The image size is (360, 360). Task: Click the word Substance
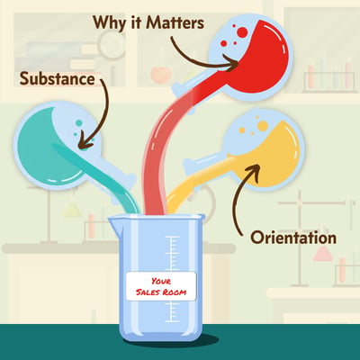click(x=58, y=79)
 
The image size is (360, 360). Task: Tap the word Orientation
click(x=293, y=238)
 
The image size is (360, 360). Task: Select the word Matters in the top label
click(x=175, y=22)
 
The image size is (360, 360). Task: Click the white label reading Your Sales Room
click(x=161, y=286)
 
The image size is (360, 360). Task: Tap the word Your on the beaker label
click(x=161, y=281)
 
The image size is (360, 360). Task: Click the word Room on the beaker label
click(x=175, y=292)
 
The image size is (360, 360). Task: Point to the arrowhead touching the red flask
click(x=233, y=65)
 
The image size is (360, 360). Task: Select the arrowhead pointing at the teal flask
click(x=85, y=143)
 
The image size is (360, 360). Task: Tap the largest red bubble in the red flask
click(x=242, y=32)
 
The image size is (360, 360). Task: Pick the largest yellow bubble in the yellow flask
click(x=263, y=126)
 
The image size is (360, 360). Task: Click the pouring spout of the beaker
click(x=112, y=222)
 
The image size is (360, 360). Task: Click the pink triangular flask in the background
click(x=323, y=254)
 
